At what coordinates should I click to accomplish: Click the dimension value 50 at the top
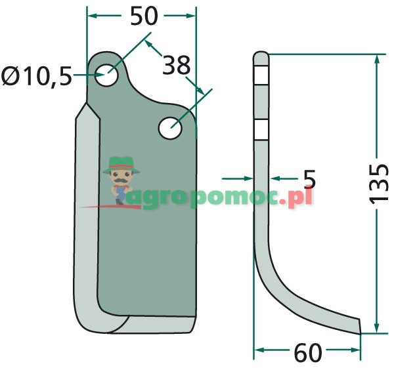pos(144,16)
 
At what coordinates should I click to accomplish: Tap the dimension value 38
pos(177,65)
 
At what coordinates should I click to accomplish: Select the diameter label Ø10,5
pos(37,76)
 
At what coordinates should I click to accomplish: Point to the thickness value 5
pos(309,179)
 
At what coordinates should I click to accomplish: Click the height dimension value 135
pos(379,184)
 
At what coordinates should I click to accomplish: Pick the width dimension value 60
pos(308,353)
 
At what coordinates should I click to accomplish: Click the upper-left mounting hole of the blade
pos(106,75)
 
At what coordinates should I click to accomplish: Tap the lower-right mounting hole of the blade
pos(170,128)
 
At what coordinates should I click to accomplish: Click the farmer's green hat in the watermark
pos(121,165)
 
